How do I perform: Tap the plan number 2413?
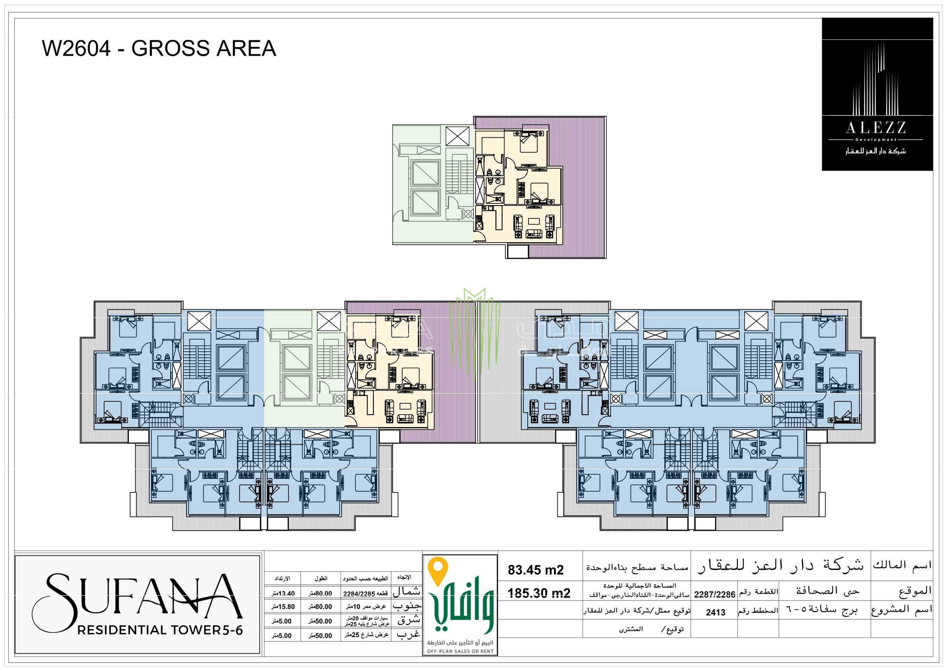click(715, 612)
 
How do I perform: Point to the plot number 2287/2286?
click(714, 594)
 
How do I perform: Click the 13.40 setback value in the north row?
click(283, 594)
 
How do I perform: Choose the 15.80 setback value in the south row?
click(283, 607)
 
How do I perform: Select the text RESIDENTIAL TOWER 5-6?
click(160, 630)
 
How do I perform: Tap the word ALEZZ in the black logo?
click(876, 128)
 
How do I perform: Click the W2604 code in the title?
click(77, 48)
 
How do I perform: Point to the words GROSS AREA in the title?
click(203, 48)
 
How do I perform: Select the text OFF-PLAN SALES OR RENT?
click(460, 651)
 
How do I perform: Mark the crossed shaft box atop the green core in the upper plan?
click(458, 136)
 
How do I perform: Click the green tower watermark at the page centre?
click(474, 331)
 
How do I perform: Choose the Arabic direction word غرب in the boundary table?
click(408, 634)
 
